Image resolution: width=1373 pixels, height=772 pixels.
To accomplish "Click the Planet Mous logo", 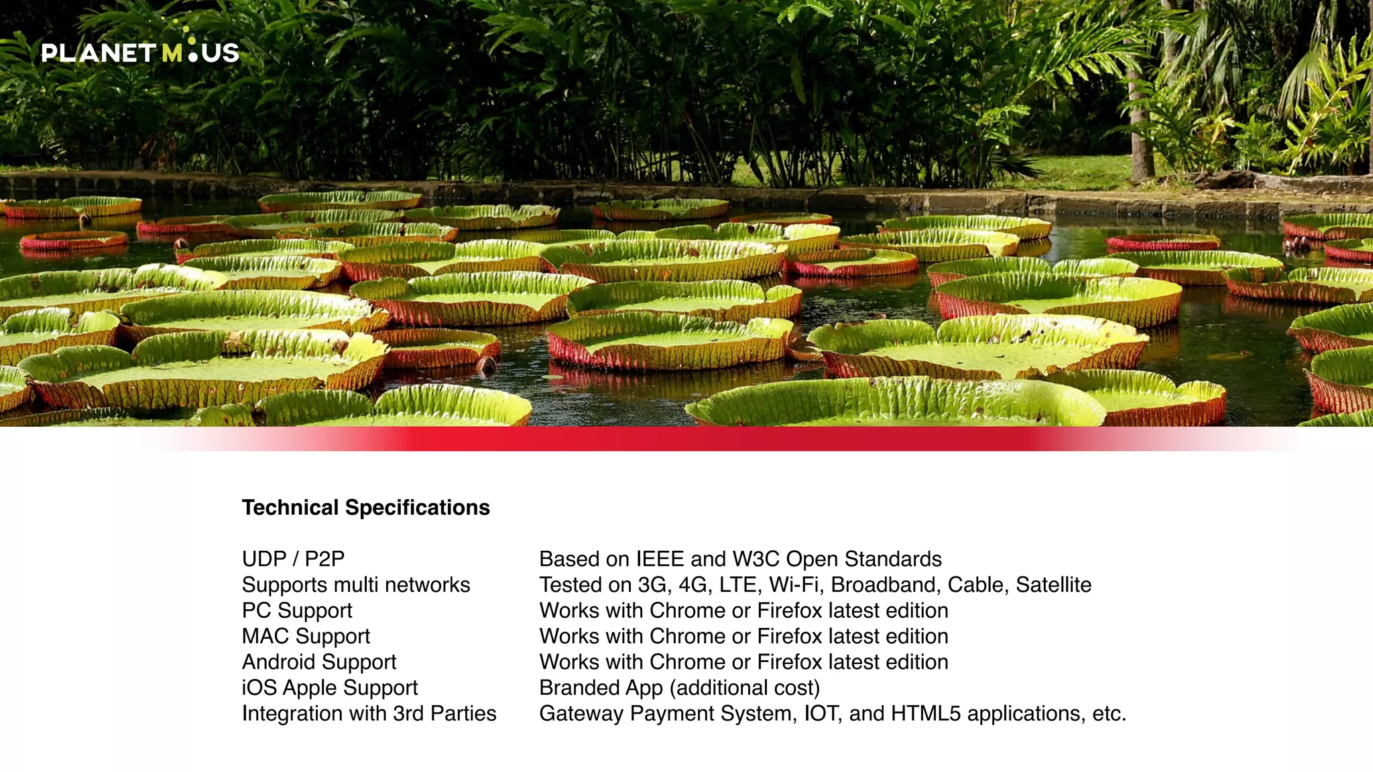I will pyautogui.click(x=140, y=51).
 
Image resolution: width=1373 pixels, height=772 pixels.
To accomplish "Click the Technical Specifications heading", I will pyautogui.click(x=365, y=507).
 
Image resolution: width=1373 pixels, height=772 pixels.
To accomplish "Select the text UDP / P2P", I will pyautogui.click(x=293, y=559).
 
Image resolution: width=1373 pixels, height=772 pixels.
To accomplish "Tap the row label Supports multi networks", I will pyautogui.click(x=355, y=584).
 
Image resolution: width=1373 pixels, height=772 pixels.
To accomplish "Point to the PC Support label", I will pyautogui.click(x=296, y=610).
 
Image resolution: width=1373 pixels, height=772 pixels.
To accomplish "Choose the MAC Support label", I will pyautogui.click(x=306, y=636).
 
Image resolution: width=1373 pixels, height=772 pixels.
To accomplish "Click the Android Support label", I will pyautogui.click(x=318, y=662).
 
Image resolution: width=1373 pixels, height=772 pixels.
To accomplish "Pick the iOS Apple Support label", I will pyautogui.click(x=329, y=688).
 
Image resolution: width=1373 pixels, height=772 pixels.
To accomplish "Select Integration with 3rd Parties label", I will pyautogui.click(x=369, y=713).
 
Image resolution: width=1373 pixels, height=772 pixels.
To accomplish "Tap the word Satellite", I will pyautogui.click(x=1053, y=584).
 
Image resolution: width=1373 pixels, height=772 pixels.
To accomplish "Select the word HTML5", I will pyautogui.click(x=926, y=713).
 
